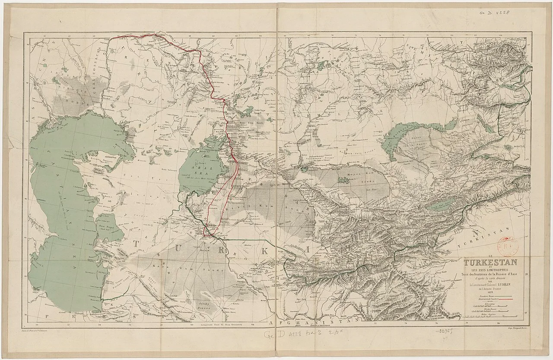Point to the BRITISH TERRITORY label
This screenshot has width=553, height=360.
click(439, 317)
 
